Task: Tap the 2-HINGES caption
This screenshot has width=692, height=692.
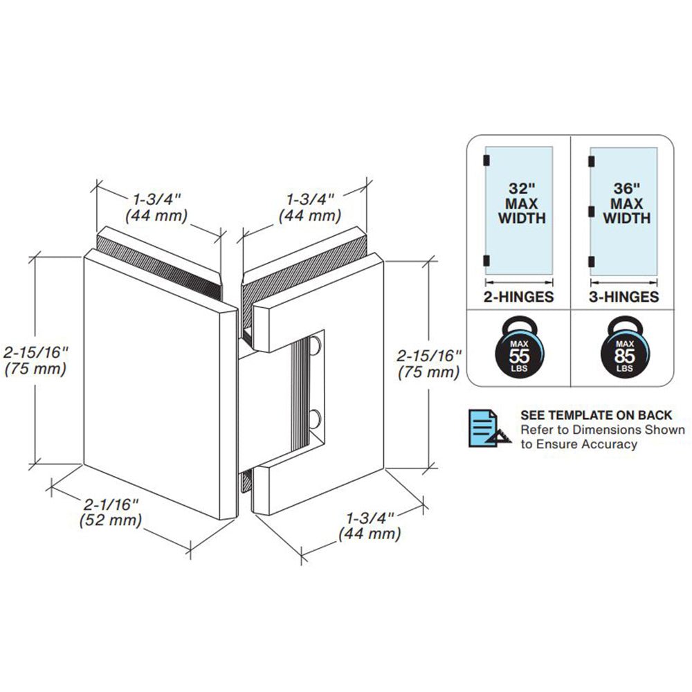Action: click(x=518, y=298)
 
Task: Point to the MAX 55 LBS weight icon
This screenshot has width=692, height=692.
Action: click(x=518, y=349)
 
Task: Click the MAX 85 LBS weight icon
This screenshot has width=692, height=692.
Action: click(x=623, y=349)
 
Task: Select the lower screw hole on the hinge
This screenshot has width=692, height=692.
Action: click(x=316, y=418)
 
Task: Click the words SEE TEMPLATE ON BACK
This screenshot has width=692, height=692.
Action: click(x=596, y=415)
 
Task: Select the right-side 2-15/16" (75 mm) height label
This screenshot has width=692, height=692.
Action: click(x=428, y=364)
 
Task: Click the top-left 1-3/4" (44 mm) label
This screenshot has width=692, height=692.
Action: click(x=156, y=206)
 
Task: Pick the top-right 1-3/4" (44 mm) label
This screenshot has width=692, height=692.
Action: click(x=309, y=206)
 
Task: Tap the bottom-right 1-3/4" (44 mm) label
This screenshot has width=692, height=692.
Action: click(x=370, y=526)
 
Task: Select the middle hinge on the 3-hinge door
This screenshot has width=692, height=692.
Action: click(x=591, y=210)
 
